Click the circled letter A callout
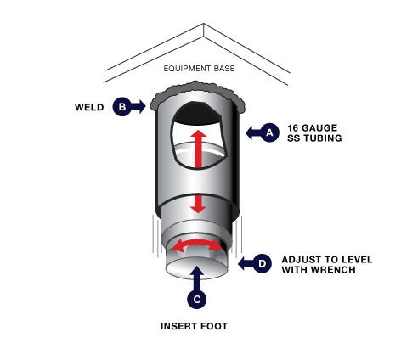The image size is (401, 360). coord(269,132)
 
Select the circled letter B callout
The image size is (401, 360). coord(122,107)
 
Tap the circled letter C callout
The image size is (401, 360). coord(196,299)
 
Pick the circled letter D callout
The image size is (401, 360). coord(262,263)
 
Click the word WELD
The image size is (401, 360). coord(89,107)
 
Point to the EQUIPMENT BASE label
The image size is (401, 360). coord(199,69)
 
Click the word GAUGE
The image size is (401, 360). coord(319,128)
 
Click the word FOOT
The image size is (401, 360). coord(214,326)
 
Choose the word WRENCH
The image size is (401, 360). coord(335,270)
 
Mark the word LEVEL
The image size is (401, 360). coord(357,260)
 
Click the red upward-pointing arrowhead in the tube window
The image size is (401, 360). coord(198,134)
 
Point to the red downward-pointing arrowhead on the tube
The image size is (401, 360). coord(198,209)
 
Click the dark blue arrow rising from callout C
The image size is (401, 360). coord(197,278)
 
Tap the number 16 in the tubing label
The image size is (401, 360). coord(293,128)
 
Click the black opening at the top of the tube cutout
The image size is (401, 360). coord(197,113)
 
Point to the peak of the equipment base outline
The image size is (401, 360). coord(203,24)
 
